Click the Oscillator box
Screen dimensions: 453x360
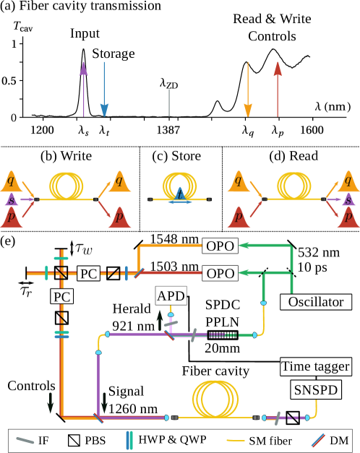[x=316, y=302]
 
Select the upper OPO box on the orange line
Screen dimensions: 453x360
[x=220, y=246]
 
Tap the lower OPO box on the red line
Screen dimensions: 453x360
[x=220, y=274]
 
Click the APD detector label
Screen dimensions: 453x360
[x=171, y=295]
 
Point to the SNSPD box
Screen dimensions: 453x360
[x=316, y=391]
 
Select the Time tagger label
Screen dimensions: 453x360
[x=316, y=367]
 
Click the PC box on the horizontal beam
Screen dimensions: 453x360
[x=88, y=274]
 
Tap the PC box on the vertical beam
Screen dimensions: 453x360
[x=61, y=296]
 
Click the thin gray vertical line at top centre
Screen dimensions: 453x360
[x=169, y=103]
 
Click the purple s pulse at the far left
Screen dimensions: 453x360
[x=11, y=199]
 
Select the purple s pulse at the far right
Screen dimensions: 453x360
[x=349, y=199]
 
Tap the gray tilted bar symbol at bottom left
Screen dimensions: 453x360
[x=25, y=440]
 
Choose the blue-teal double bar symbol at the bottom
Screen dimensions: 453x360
[x=129, y=440]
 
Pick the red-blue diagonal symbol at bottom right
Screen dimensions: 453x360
[x=318, y=439]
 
